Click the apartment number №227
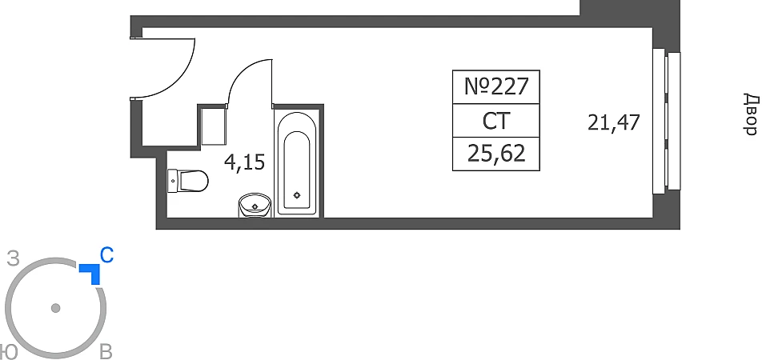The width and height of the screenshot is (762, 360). point(496,86)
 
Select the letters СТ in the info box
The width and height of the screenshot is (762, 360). point(496,121)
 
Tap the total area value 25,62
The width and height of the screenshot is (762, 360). point(496,153)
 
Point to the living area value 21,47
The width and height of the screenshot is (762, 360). point(614,123)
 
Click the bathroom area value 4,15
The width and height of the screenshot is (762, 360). point(244,163)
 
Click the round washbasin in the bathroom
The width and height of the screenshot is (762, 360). point(255,206)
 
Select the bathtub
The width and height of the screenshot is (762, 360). point(297,163)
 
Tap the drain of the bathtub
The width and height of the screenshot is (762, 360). point(297,194)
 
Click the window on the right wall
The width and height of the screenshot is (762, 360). point(667,121)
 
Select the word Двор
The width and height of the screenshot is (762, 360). point(750,114)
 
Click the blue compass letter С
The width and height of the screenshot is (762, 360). point(106,256)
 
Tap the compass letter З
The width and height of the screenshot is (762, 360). point(13,258)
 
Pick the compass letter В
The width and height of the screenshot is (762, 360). point(105,353)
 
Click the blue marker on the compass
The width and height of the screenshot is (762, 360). point(91,273)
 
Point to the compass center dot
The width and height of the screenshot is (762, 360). point(55,308)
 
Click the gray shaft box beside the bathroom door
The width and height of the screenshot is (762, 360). point(212,126)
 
